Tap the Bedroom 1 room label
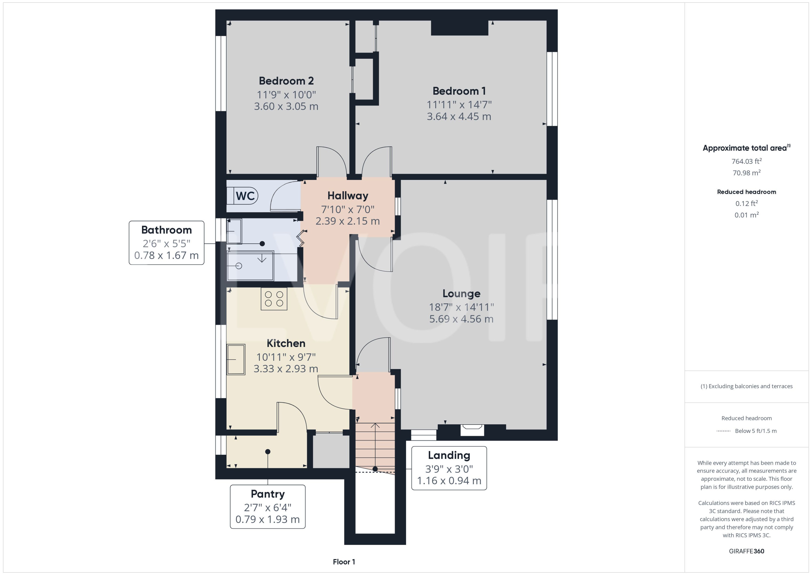pos(459,91)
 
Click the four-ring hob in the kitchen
pos(274,299)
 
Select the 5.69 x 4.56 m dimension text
pos(461,319)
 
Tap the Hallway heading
pos(348,196)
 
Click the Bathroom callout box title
pos(166,230)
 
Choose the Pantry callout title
pos(267,494)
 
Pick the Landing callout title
pos(449,455)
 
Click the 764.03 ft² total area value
pos(746,162)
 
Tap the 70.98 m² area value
pos(746,173)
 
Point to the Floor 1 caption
pos(344,562)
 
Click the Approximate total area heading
pos(746,148)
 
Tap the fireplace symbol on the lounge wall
pos(472,428)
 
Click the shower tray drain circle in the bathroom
pos(238,266)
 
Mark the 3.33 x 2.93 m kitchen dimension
pos(286,369)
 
